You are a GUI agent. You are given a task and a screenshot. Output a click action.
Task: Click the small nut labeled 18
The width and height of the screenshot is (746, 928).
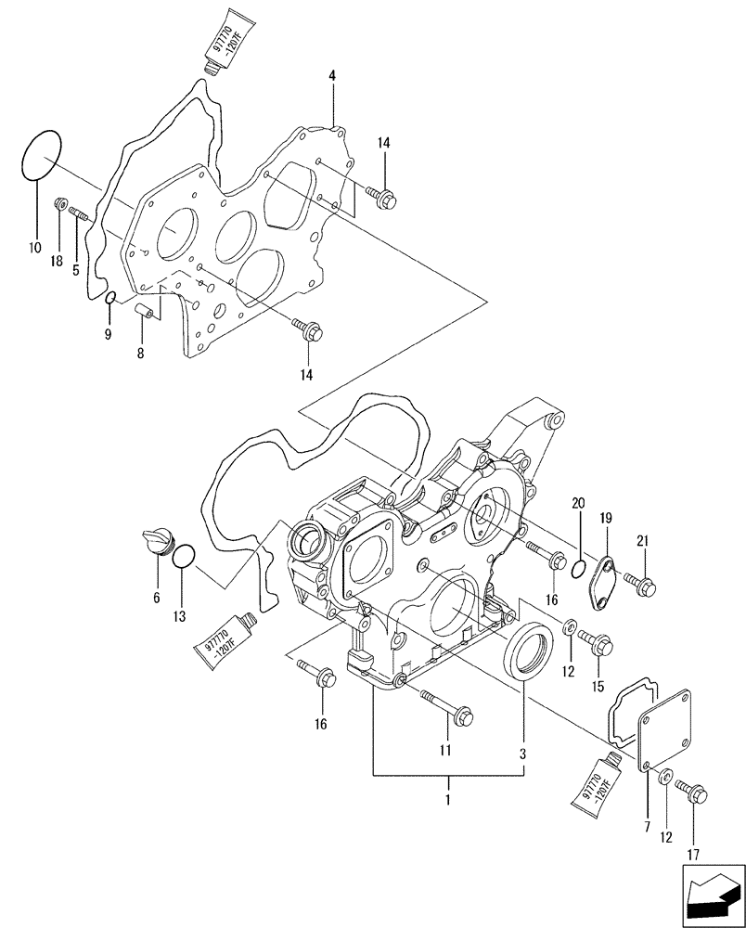[x=60, y=203]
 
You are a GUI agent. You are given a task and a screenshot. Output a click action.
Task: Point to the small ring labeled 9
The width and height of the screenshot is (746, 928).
[x=109, y=298]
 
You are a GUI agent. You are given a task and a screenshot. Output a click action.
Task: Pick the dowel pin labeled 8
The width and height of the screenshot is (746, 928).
[x=146, y=309]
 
